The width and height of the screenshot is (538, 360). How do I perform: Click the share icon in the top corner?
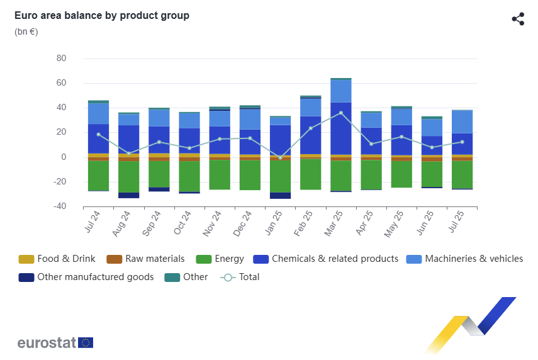pyautogui.click(x=518, y=19)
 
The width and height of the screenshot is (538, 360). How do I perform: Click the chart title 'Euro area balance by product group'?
pyautogui.click(x=102, y=16)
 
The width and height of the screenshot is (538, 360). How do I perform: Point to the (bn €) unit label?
pyautogui.click(x=26, y=31)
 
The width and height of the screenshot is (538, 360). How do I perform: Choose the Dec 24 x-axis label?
pyautogui.click(x=243, y=223)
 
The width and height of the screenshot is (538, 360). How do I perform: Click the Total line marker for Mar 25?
pyautogui.click(x=340, y=113)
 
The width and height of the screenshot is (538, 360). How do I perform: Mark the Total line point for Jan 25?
pyautogui.click(x=280, y=157)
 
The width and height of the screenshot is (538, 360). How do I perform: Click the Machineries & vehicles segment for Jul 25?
pyautogui.click(x=462, y=121)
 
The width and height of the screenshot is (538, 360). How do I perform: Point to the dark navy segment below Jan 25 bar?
pyautogui.click(x=280, y=195)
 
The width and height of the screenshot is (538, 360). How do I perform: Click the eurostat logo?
pyautogui.click(x=55, y=343)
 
